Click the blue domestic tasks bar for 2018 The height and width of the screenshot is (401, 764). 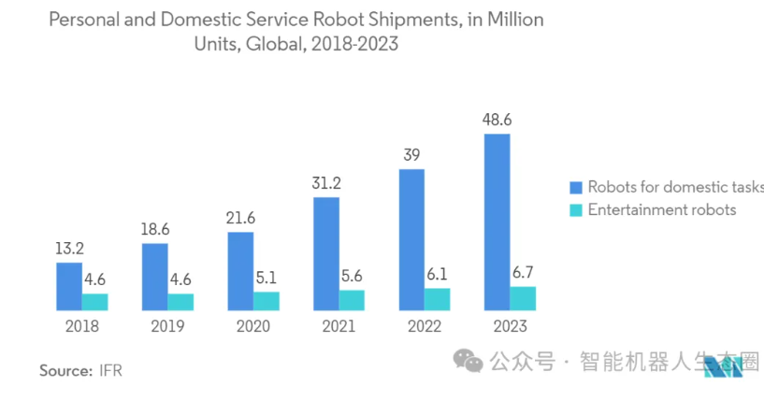69,286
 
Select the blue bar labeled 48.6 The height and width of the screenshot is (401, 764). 497,222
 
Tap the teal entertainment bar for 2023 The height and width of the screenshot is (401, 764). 523,298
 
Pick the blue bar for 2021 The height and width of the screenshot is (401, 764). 325,253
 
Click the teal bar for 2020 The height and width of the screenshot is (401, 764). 267,301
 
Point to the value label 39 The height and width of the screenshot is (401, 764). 411,155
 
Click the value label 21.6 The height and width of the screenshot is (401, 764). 240,218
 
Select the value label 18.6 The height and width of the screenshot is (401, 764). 154,229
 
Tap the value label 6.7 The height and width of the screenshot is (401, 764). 523,272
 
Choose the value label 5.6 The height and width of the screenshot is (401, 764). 352,276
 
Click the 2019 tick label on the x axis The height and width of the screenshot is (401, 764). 167,326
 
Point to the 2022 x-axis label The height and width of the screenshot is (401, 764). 424,326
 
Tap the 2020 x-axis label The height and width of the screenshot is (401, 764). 252,326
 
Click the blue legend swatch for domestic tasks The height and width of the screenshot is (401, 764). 576,187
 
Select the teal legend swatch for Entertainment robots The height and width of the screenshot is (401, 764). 576,209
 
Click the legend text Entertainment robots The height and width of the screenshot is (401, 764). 661,209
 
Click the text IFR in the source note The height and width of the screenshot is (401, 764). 110,370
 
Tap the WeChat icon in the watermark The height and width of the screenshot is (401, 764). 466,361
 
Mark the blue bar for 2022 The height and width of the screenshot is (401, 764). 411,239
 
